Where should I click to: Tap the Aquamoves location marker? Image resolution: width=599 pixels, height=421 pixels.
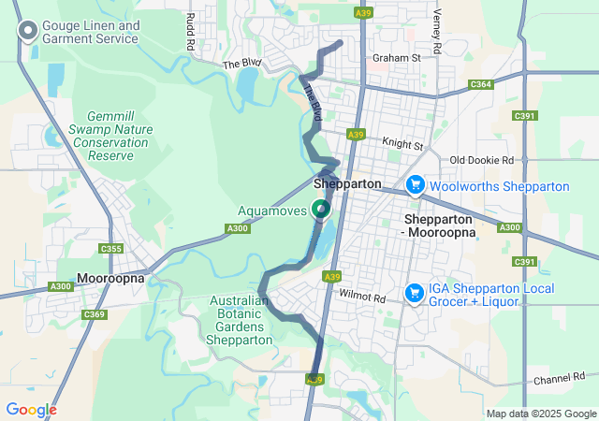321,209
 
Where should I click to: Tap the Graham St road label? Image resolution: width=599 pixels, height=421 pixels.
396,58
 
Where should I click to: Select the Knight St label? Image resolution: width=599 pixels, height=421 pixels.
403,146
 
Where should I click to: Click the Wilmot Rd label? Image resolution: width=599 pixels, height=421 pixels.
363,297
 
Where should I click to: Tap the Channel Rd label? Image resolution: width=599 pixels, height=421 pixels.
558,381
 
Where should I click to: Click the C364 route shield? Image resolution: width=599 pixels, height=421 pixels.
481,84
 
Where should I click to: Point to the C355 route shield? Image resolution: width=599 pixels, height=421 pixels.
111,248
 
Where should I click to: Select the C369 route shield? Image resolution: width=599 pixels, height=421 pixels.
94,314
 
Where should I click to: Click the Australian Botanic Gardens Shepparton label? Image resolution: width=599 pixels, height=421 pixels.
242,321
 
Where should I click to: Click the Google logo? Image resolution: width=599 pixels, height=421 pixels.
31,410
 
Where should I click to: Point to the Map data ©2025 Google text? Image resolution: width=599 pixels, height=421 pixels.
540,414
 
